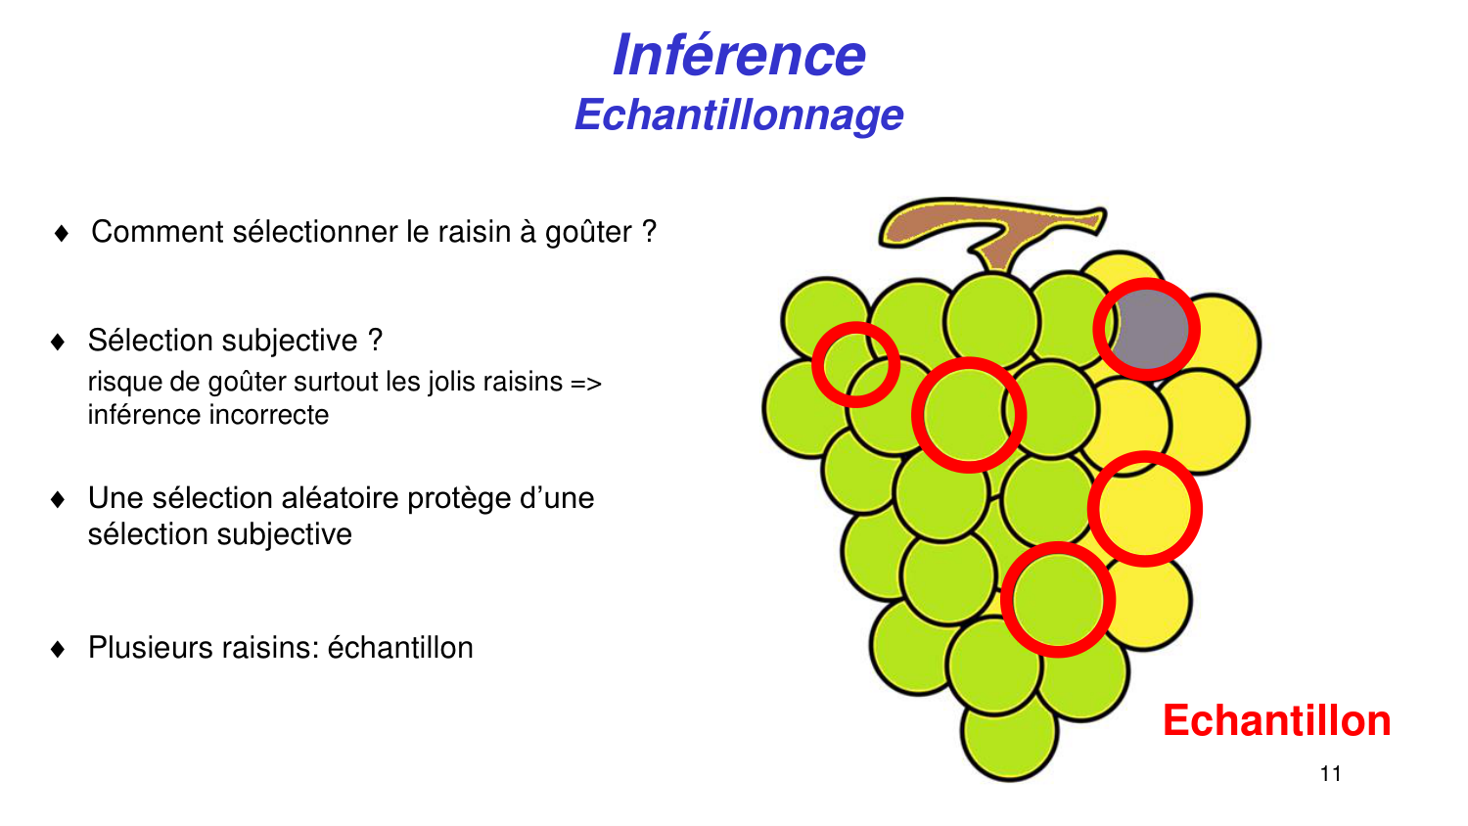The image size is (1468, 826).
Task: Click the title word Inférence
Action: tap(739, 55)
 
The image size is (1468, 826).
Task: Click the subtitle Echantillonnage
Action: tap(739, 115)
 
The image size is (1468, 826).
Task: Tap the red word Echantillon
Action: tap(1276, 721)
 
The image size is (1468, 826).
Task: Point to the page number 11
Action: tap(1330, 774)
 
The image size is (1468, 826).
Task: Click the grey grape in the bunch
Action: tap(1150, 330)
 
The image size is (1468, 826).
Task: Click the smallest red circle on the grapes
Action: tap(855, 364)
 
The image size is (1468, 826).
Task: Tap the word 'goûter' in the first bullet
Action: tap(588, 233)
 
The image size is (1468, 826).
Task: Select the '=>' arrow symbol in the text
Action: tap(586, 383)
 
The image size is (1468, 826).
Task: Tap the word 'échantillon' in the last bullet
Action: tap(399, 648)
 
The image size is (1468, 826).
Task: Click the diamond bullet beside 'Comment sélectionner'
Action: tap(62, 233)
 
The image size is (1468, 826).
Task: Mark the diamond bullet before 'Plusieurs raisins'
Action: tap(58, 649)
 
